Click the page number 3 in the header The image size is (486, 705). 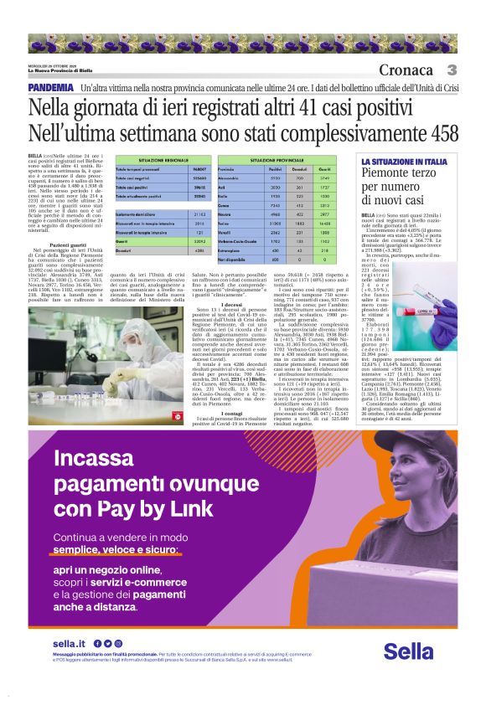452,70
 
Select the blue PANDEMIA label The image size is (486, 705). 49,88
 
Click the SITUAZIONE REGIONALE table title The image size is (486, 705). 158,159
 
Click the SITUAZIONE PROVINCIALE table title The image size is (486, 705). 277,159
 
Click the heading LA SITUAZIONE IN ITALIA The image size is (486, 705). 403,161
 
